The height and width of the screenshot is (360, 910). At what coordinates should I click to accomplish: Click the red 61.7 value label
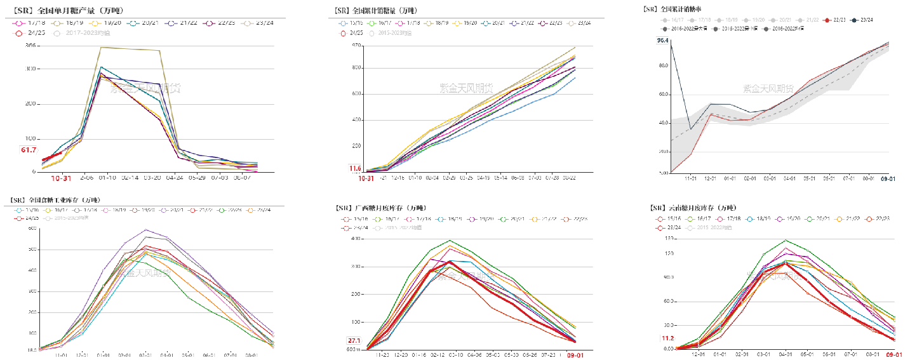click(29, 150)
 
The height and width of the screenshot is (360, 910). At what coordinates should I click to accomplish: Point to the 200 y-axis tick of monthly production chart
click(30, 103)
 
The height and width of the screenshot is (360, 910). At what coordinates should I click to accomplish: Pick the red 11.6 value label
click(354, 168)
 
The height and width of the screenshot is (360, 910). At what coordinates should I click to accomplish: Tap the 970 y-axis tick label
click(355, 45)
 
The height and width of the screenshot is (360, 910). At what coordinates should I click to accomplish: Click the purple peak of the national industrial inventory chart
click(145, 229)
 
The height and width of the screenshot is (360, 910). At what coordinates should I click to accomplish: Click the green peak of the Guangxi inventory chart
click(449, 241)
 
